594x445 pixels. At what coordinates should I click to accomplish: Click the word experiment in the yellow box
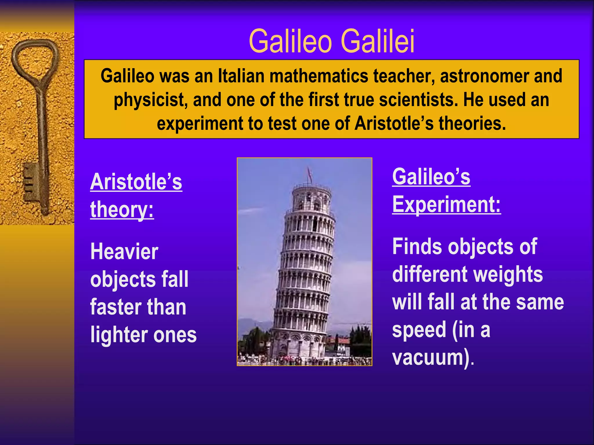(200, 123)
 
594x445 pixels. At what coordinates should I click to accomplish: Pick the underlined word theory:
(122, 209)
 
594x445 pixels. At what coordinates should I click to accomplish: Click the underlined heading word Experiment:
(446, 204)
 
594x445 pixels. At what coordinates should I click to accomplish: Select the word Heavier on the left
(124, 251)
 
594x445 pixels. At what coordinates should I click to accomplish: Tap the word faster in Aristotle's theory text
(112, 307)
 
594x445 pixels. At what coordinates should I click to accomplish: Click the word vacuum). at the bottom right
(433, 358)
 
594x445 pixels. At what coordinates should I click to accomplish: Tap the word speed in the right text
(419, 330)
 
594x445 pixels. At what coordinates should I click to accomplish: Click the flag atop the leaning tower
(309, 174)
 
